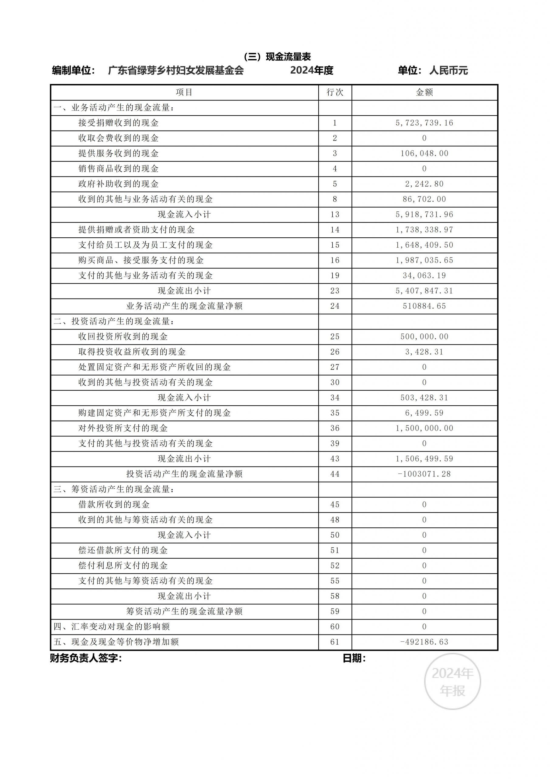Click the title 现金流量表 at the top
277,57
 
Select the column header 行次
335,92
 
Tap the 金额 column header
424,92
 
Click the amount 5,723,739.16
424,123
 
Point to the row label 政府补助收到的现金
118,184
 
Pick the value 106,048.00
424,153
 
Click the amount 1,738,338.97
424,230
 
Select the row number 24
335,306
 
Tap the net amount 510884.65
424,306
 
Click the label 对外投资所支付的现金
123,428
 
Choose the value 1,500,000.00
424,428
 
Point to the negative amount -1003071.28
424,474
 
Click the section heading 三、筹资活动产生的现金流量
114,489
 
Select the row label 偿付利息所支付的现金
123,566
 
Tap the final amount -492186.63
424,642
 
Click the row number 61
335,642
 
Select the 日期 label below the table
354,658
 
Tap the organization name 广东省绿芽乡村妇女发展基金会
176,71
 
